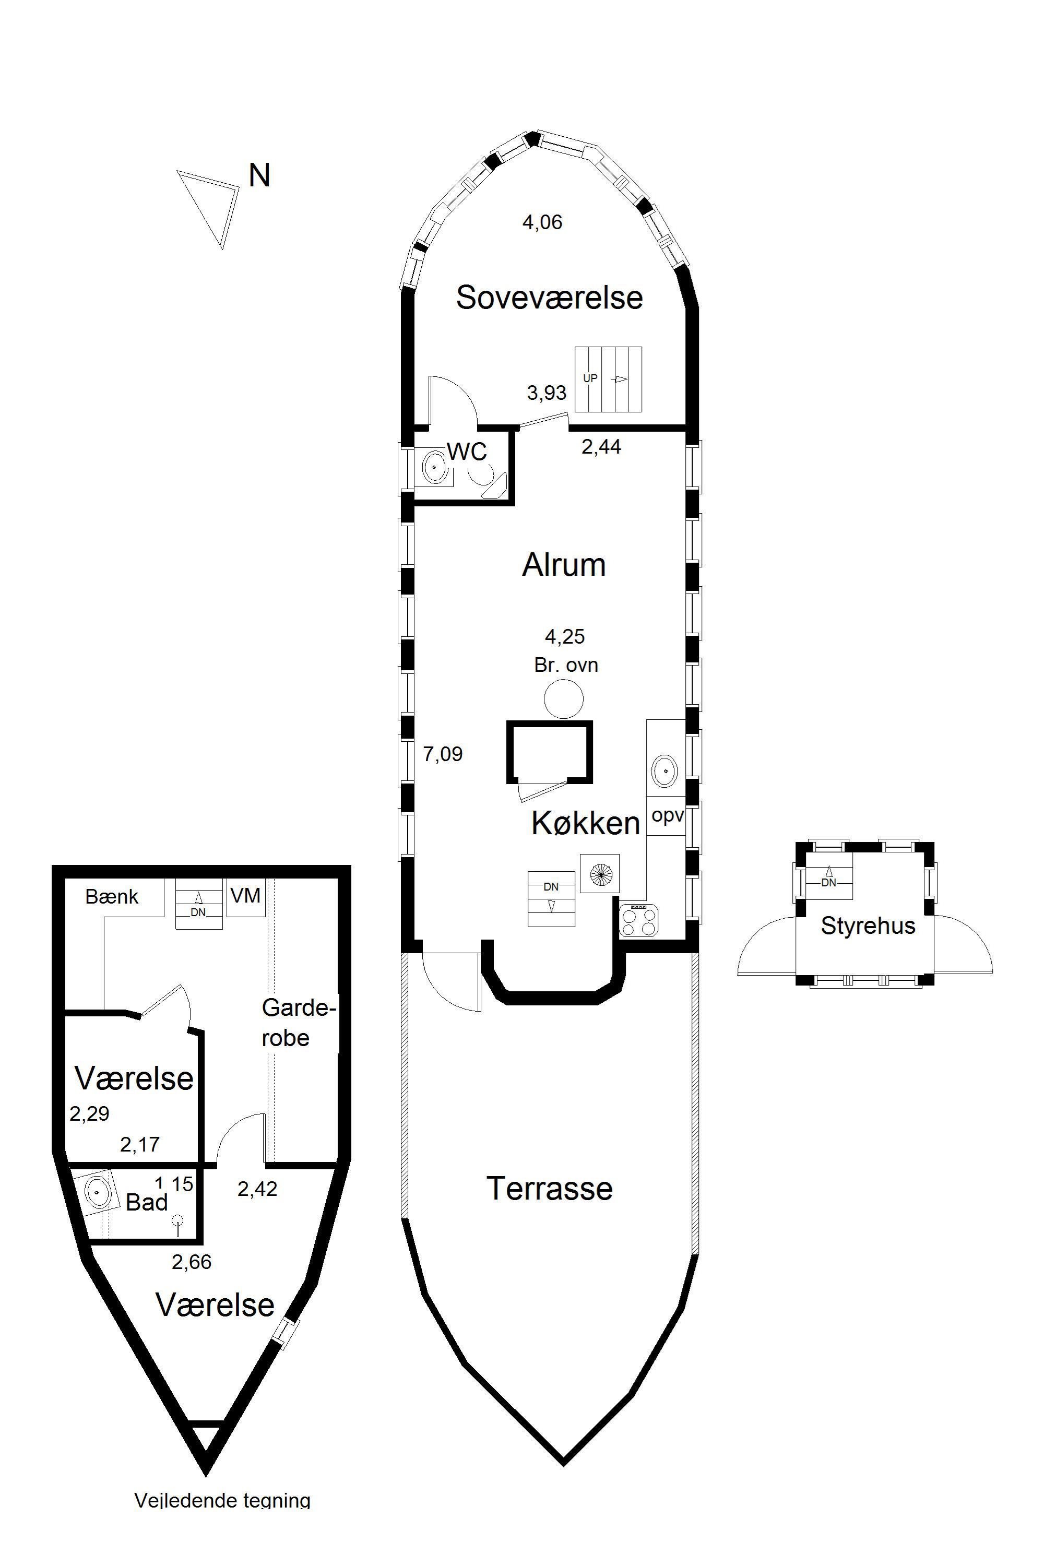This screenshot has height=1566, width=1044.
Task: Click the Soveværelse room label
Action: [x=549, y=297]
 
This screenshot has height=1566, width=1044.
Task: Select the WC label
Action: [x=467, y=452]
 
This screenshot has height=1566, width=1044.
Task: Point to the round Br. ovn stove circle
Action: [x=563, y=699]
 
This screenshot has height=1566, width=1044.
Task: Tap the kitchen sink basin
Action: [x=664, y=771]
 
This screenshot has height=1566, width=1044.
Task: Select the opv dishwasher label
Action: [x=668, y=815]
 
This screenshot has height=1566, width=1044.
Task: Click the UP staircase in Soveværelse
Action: [x=609, y=379]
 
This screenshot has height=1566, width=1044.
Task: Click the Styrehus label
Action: [x=868, y=926]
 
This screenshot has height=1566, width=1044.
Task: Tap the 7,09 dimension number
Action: [x=443, y=754]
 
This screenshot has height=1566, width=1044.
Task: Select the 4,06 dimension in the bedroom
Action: [x=543, y=222]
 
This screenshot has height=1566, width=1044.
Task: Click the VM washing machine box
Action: [x=246, y=897]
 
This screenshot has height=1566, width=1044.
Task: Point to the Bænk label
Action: [x=112, y=897]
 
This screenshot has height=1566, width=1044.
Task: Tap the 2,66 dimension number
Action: [x=192, y=1262]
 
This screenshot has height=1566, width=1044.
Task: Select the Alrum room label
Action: [x=564, y=565]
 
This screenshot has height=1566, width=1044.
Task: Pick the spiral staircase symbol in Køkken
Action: [x=600, y=873]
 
